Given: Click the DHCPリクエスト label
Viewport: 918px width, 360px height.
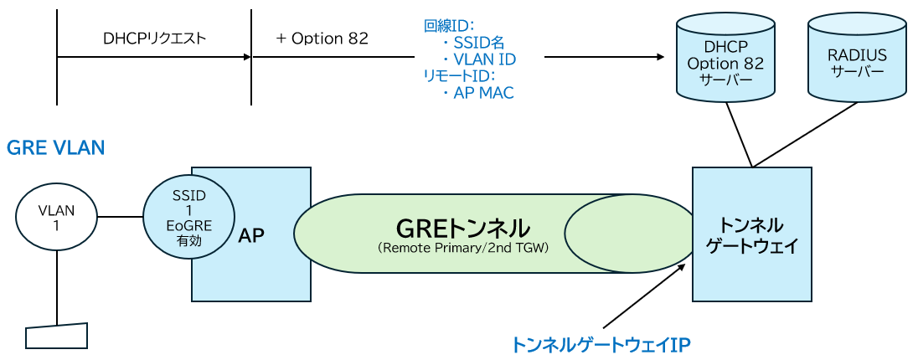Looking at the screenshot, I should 154,39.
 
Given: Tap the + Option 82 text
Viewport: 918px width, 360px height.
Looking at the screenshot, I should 321,39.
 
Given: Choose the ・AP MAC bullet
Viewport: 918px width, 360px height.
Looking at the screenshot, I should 477,93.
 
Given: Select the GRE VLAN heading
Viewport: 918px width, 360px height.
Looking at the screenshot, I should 55,148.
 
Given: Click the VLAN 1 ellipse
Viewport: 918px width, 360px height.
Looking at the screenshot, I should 57,217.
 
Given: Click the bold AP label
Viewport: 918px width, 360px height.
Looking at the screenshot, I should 251,235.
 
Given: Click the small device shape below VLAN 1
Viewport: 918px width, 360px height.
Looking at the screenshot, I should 57,336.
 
